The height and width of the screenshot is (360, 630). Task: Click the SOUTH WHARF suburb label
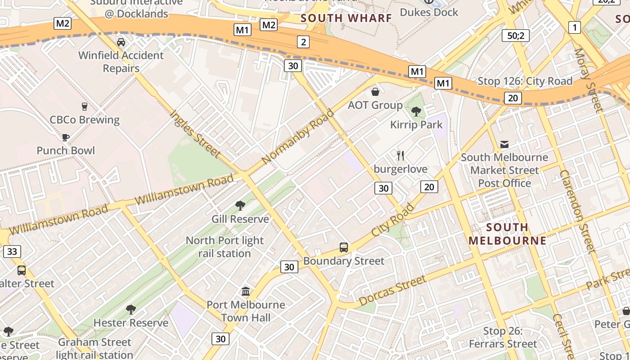(x=346, y=18)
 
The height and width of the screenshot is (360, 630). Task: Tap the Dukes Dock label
(x=429, y=12)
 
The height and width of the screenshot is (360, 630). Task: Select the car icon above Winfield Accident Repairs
(x=121, y=42)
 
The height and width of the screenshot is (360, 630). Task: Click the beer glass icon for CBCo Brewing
(x=84, y=107)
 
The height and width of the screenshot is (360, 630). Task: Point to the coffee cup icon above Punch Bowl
(x=66, y=137)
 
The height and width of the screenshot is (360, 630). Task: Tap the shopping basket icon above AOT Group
(x=375, y=92)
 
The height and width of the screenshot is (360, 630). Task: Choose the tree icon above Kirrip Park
(x=416, y=111)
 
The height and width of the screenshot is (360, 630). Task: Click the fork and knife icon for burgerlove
(x=400, y=156)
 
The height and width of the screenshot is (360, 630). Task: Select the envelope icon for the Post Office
(x=504, y=144)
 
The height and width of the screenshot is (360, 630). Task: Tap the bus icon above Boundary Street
(x=344, y=247)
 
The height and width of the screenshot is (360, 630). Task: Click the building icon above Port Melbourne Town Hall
(x=246, y=292)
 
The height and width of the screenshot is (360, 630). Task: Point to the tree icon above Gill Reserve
(x=240, y=206)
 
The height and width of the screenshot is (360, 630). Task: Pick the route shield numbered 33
(x=12, y=251)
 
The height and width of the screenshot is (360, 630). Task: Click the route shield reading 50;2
(x=515, y=36)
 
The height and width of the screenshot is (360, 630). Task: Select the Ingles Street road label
(x=195, y=134)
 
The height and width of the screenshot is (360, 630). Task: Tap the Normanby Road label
(x=297, y=136)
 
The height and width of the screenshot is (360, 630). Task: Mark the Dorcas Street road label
(x=392, y=291)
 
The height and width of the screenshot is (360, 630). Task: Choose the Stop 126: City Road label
(x=525, y=81)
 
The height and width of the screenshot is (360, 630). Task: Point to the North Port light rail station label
(x=225, y=247)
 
